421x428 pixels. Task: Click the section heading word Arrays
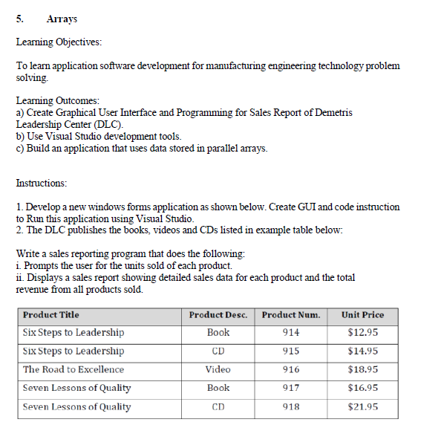coord(62,19)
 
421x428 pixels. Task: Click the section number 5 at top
coord(20,19)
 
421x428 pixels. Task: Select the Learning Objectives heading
coord(59,42)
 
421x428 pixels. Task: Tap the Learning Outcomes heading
coord(57,100)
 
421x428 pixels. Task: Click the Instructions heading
coord(41,182)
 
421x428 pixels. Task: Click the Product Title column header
coord(51,314)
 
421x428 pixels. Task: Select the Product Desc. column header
coord(218,314)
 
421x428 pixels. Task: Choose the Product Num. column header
coord(291,314)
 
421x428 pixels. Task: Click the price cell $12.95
coord(362,332)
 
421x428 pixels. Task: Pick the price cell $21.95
coord(362,406)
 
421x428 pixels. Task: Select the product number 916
coord(291,369)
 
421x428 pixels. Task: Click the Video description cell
coord(218,369)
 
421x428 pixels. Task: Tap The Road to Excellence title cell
coord(74,369)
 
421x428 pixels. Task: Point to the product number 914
coord(291,332)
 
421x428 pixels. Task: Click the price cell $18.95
coord(362,369)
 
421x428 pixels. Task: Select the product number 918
coord(291,406)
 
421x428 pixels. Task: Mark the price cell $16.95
coord(362,388)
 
